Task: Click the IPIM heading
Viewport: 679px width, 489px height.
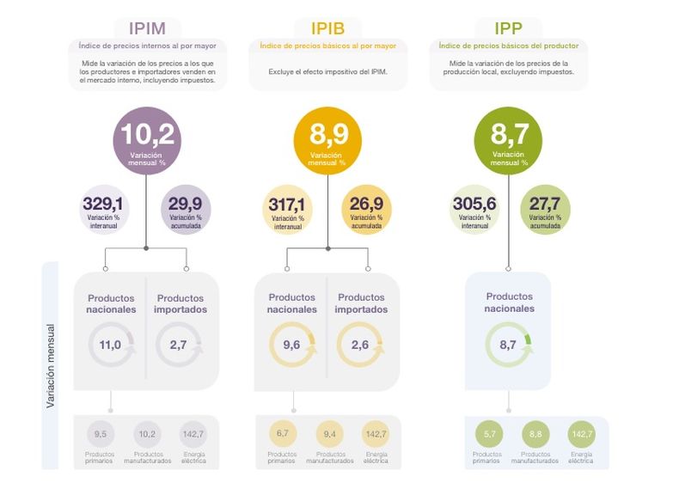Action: pyautogui.click(x=147, y=28)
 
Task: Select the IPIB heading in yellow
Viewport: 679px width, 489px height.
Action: pyautogui.click(x=327, y=28)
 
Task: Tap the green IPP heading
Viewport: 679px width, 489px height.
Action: pyautogui.click(x=508, y=28)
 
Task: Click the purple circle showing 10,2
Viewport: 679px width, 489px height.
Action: pyautogui.click(x=147, y=141)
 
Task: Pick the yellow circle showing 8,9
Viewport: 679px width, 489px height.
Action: pyautogui.click(x=327, y=141)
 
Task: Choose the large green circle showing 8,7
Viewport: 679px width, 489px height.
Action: pyautogui.click(x=508, y=141)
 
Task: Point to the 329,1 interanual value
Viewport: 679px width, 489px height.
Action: pyautogui.click(x=103, y=210)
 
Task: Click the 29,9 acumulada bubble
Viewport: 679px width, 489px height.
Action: pyautogui.click(x=186, y=210)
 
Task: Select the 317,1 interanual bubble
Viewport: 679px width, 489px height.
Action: pyautogui.click(x=288, y=210)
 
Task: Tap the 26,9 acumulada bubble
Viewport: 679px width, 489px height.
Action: pyautogui.click(x=366, y=210)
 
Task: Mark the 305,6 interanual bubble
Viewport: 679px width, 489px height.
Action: pyautogui.click(x=474, y=210)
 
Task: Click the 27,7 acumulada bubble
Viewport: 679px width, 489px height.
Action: pyautogui.click(x=545, y=210)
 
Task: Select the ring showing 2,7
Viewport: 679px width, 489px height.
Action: pyautogui.click(x=157, y=345)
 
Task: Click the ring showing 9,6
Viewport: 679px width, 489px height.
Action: pyautogui.click(x=271, y=345)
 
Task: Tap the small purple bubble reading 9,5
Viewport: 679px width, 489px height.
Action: pyautogui.click(x=101, y=434)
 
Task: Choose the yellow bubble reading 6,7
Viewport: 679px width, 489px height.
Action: pyautogui.click(x=282, y=433)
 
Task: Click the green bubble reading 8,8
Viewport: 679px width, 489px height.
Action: pyautogui.click(x=535, y=434)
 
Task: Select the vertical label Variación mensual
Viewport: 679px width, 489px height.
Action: pyautogui.click(x=51, y=365)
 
